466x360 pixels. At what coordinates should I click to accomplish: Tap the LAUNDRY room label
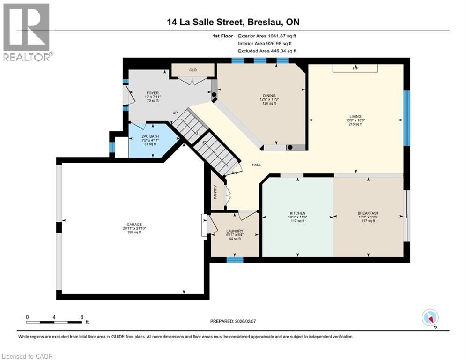point(234,231)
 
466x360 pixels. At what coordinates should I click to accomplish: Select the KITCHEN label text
point(297,213)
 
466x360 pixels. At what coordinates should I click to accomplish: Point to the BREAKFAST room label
point(368,213)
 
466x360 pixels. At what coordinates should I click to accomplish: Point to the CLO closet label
point(192,70)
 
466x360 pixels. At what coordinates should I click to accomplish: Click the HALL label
point(256,165)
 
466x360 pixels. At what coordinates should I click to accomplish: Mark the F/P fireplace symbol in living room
point(355,68)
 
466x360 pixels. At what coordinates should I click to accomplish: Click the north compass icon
point(429,318)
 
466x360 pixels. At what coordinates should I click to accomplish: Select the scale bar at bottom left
point(54,322)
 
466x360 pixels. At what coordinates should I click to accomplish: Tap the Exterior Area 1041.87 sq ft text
point(267,36)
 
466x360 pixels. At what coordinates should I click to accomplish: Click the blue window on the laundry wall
point(234,259)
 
